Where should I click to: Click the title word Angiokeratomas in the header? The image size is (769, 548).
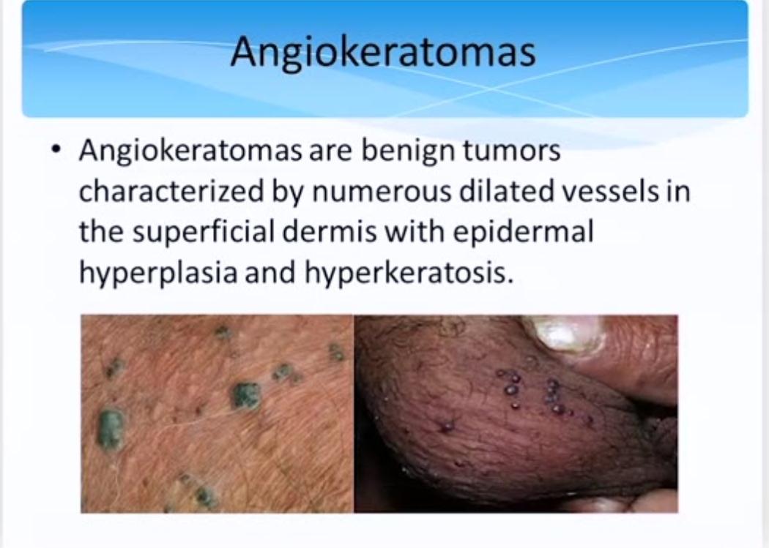pos(383,53)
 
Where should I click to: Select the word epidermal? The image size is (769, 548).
pos(522,232)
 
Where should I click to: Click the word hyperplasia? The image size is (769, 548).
pos(158,273)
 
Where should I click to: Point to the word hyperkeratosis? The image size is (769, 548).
pos(409,273)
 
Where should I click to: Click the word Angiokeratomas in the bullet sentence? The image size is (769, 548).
pos(190,151)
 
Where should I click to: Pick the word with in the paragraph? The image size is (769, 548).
pos(415,232)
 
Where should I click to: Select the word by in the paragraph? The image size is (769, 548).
pos(287,193)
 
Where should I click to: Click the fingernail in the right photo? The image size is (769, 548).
pos(564,333)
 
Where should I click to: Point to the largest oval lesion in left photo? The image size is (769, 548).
pos(111,429)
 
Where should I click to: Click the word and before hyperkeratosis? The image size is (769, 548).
pos(271,272)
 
